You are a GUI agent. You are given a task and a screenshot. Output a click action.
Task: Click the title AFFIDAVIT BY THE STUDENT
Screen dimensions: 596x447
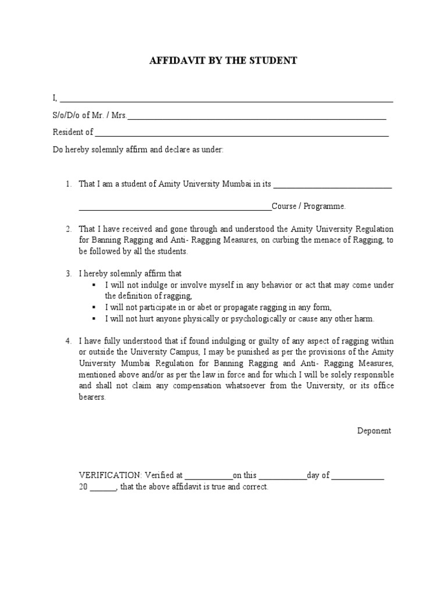pos(223,61)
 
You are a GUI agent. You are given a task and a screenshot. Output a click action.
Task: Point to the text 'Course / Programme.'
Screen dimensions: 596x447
pos(308,206)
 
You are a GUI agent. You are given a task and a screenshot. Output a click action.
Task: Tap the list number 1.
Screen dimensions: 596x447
pos(68,185)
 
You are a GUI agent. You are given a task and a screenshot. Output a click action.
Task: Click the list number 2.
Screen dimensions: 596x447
pos(68,229)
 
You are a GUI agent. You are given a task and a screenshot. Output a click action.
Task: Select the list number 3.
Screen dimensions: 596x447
pos(68,273)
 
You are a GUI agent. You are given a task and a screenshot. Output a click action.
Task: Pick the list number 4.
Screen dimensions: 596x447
pos(68,340)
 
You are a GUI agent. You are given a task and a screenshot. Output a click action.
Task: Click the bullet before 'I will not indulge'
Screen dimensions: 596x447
pos(94,285)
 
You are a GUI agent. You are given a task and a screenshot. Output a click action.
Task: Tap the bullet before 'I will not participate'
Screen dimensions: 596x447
pos(94,308)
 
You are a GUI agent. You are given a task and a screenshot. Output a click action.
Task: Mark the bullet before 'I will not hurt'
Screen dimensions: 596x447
pos(94,319)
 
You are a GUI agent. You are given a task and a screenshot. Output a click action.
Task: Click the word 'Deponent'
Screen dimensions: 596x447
pos(374,431)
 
